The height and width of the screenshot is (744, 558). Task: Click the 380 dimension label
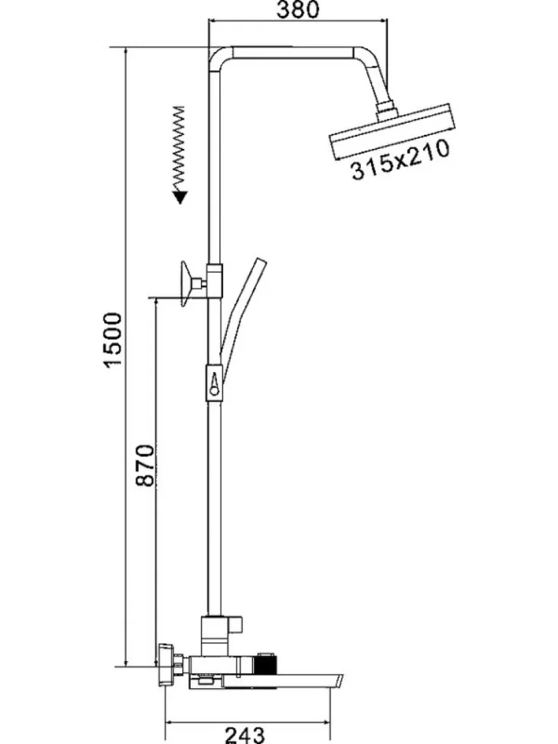tap(298, 9)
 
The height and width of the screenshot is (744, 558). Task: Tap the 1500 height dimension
tap(113, 340)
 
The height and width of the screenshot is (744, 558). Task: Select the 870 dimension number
tap(145, 465)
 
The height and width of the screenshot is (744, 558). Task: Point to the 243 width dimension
tap(245, 735)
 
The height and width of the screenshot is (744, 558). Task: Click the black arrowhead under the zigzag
tap(179, 197)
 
